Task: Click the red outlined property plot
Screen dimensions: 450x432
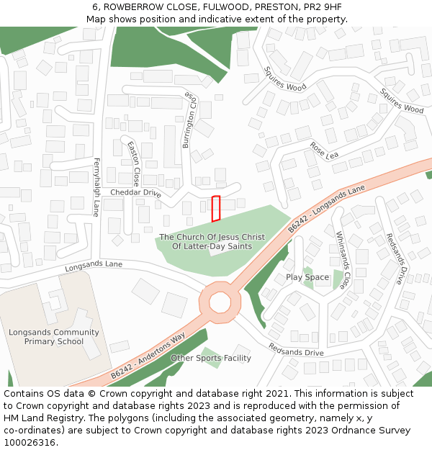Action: [215, 208]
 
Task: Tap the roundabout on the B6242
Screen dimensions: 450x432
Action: [220, 302]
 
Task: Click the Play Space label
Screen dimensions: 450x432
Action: [307, 277]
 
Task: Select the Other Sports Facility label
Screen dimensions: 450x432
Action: [211, 358]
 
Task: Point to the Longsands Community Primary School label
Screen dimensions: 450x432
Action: [54, 337]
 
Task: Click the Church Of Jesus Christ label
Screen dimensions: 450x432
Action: [212, 241]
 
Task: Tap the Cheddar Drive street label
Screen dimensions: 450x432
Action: [135, 193]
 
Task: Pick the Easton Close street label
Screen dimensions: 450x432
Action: [133, 163]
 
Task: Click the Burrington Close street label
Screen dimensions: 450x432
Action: [189, 120]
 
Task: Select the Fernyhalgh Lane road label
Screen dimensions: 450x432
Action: [96, 187]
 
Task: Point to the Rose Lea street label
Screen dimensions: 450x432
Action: [324, 150]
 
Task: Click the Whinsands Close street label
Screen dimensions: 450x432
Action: [344, 259]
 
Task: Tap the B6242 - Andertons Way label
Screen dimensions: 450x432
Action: [148, 356]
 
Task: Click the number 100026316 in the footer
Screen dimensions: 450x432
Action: [30, 442]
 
